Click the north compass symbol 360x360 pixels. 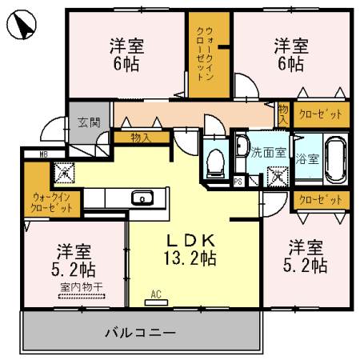22,26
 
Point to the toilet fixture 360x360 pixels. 214,162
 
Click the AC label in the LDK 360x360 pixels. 157,294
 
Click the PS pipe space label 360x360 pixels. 238,181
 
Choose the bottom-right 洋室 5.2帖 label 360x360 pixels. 307,255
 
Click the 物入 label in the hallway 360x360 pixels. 141,138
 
